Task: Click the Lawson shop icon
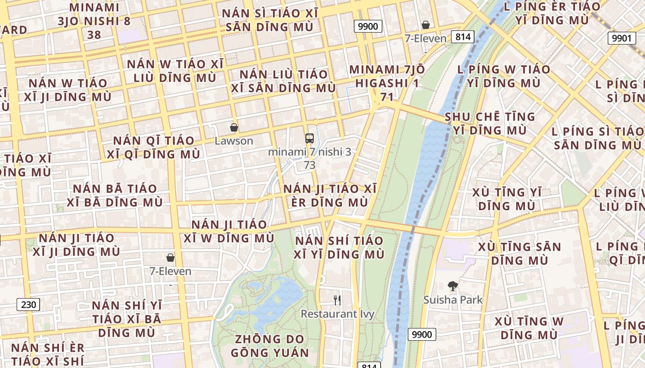coord(234,127)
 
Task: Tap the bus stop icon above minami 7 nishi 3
coord(309,138)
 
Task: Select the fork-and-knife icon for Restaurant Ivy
coord(337,300)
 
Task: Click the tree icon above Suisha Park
coord(453,286)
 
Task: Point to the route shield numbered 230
coord(29,304)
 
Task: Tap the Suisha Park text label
coord(453,300)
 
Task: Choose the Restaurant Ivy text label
coord(337,314)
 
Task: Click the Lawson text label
coord(234,141)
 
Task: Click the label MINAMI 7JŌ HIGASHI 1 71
coord(387,83)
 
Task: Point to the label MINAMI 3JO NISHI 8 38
coord(94,21)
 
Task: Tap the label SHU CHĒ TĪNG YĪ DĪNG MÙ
coord(490,123)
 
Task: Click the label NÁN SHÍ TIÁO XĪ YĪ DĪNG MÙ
coord(339,247)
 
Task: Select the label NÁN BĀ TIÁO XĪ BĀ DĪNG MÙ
coord(115,195)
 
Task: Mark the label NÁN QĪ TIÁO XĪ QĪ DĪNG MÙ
coord(154,147)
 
